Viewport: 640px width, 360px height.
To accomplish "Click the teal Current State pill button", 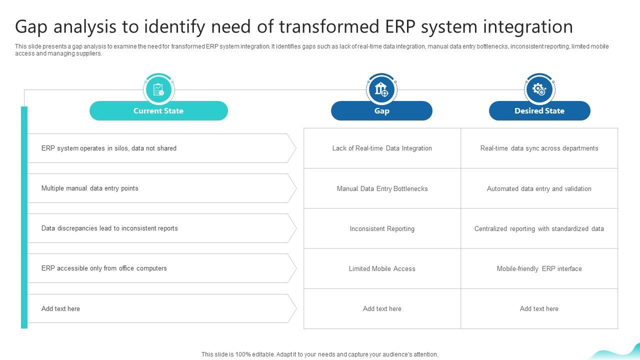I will [x=158, y=111].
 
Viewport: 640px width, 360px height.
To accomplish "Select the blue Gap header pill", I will [x=381, y=111].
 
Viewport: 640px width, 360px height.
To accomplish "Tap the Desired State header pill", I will [x=539, y=111].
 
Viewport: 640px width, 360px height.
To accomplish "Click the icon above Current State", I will [x=158, y=89].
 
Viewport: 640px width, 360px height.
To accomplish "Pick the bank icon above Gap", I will [x=381, y=89].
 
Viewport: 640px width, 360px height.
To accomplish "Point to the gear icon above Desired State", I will [x=539, y=89].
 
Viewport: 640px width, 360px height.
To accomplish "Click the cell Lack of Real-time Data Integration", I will [x=382, y=148].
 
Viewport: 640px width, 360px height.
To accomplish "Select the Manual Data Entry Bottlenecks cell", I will [x=382, y=189].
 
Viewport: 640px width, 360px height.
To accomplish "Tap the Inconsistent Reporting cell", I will [x=382, y=229].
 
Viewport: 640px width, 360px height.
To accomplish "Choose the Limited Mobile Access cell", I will [x=382, y=269].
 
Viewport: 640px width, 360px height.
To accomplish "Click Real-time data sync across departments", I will [x=539, y=148].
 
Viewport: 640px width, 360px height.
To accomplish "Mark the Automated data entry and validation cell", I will [x=539, y=189].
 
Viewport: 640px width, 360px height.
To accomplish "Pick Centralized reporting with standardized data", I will [x=539, y=229].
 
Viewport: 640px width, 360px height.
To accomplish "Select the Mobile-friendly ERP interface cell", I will [x=539, y=269].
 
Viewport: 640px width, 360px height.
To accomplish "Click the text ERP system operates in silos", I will [x=109, y=148].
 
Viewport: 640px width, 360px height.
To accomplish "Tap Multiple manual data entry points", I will [x=90, y=188].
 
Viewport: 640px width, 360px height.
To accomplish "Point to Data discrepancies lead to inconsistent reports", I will [x=109, y=228].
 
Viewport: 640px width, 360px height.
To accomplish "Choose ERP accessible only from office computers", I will [x=104, y=268].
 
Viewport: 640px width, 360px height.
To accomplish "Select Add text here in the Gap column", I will [x=382, y=309].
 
